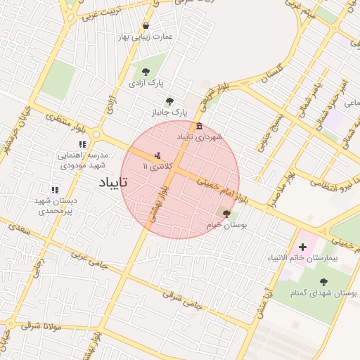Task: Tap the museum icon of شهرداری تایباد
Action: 200,127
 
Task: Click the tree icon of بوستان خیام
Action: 226,213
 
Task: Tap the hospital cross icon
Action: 303,247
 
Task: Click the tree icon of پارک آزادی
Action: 146,72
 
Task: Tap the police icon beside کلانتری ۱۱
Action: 157,155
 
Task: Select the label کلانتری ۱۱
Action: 155,166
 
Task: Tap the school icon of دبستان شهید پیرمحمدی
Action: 55,190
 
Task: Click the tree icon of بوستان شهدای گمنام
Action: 323,281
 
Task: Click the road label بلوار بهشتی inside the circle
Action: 159,204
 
